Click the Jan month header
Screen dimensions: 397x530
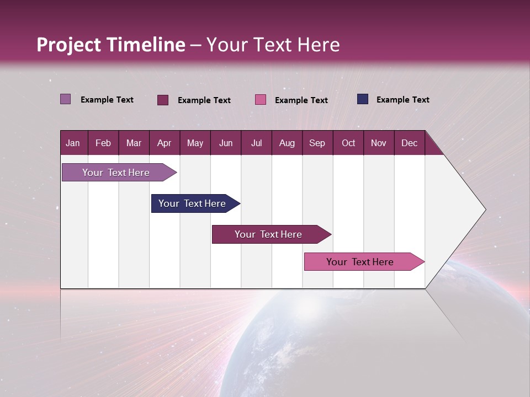click(x=73, y=143)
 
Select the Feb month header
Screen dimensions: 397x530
click(x=103, y=143)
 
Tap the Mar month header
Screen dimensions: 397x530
click(x=134, y=143)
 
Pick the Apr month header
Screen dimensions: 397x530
click(x=165, y=143)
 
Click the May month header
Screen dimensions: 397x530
click(x=195, y=143)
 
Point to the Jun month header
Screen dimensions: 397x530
click(x=226, y=143)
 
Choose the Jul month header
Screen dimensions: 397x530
click(x=256, y=143)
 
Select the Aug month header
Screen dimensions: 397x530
click(x=287, y=143)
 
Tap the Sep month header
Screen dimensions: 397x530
click(x=317, y=143)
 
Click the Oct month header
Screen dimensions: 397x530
click(x=348, y=143)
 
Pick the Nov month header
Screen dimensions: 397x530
click(x=379, y=143)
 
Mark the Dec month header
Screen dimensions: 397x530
click(x=410, y=143)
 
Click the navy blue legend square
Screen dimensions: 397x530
click(x=363, y=99)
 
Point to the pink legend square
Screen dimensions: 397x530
click(x=261, y=100)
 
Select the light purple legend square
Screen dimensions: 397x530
click(x=66, y=99)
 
